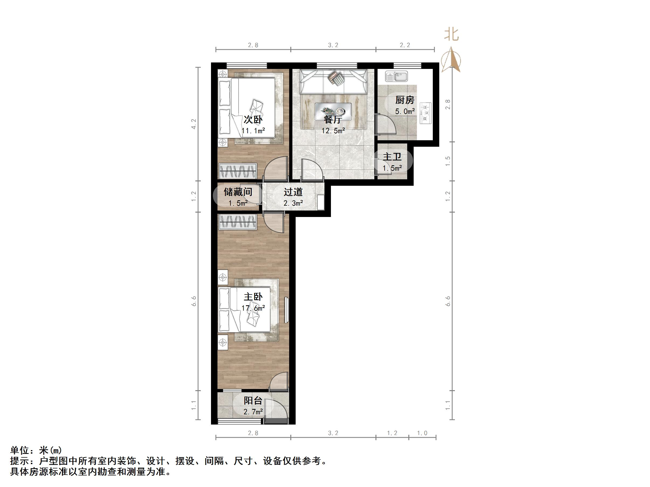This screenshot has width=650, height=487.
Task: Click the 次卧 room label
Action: click(253, 120)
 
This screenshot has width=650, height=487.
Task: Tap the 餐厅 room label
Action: click(333, 120)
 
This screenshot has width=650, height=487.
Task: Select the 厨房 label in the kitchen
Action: click(405, 100)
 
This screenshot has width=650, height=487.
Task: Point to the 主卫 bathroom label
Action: click(392, 157)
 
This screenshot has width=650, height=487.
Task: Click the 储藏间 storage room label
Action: click(238, 192)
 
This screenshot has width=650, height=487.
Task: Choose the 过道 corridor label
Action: click(293, 192)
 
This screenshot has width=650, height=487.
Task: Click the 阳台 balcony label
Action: click(253, 401)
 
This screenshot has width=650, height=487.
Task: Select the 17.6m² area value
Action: click(253, 308)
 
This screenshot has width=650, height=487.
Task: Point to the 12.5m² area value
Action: click(333, 131)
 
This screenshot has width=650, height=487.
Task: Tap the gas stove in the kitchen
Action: click(426, 113)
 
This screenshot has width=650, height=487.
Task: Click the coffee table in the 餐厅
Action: click(333, 111)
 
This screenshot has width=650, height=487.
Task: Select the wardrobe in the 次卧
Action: click(238, 171)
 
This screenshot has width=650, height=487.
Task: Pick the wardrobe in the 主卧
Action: click(238, 222)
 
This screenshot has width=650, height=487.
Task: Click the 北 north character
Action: click(451, 35)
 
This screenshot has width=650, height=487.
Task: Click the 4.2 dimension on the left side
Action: click(194, 124)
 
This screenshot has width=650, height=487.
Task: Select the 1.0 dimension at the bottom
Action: click(422, 433)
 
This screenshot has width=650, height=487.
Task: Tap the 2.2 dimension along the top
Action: click(405, 45)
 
